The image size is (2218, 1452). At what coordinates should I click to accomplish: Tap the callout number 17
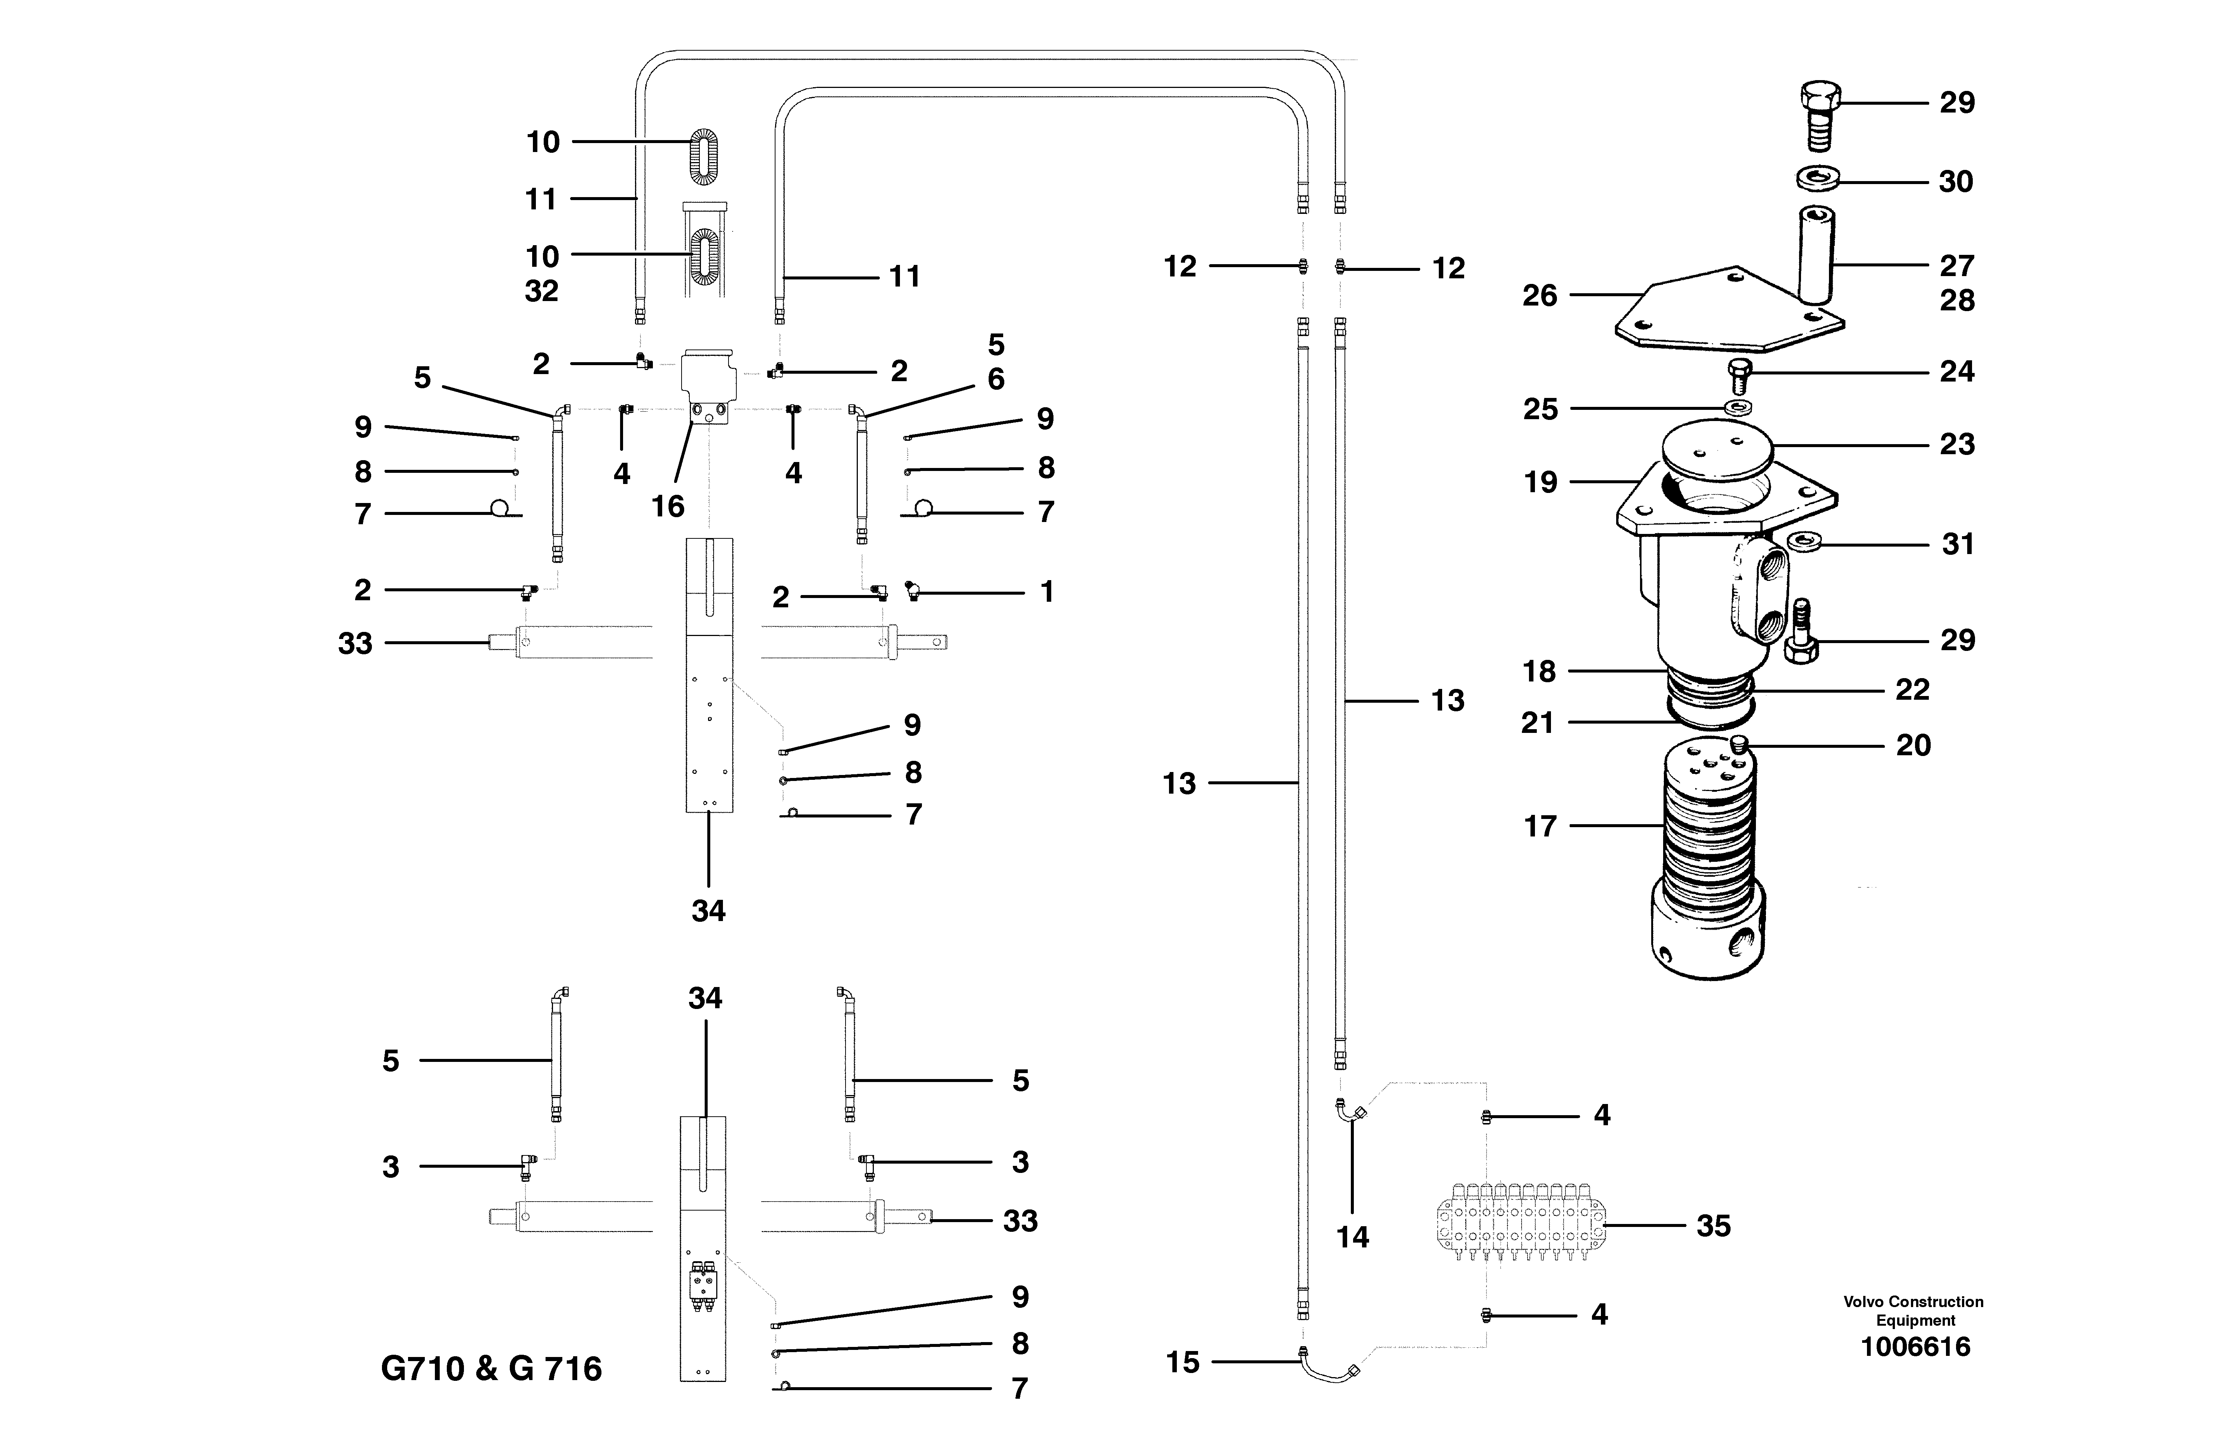(x=1539, y=826)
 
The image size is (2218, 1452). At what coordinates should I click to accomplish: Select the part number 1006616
(x=1915, y=1347)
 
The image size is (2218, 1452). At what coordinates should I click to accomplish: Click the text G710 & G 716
(x=491, y=1368)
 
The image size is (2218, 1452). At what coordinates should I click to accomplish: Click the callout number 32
(x=541, y=291)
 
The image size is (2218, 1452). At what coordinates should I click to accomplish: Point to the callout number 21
(x=1538, y=722)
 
